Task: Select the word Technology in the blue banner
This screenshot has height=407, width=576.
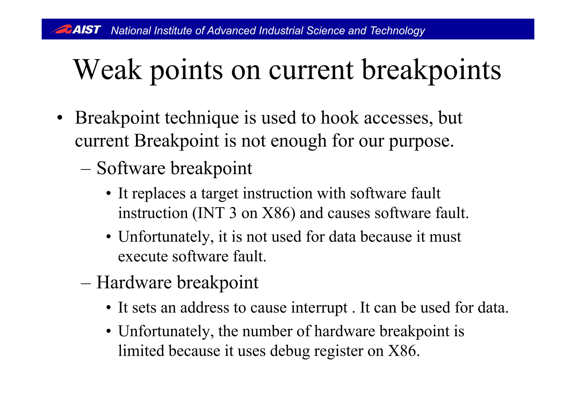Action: (x=397, y=31)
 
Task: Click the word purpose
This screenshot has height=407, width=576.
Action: (x=421, y=141)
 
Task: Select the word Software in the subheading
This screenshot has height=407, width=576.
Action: (x=131, y=168)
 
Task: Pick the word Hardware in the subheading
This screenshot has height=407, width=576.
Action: (x=134, y=282)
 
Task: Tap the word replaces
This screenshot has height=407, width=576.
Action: (x=159, y=194)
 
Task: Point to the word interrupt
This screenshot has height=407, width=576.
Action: (x=319, y=308)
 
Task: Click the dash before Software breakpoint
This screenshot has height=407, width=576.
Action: (x=85, y=169)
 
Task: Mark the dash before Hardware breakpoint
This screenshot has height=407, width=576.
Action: (x=85, y=283)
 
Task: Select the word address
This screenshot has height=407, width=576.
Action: (x=204, y=308)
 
